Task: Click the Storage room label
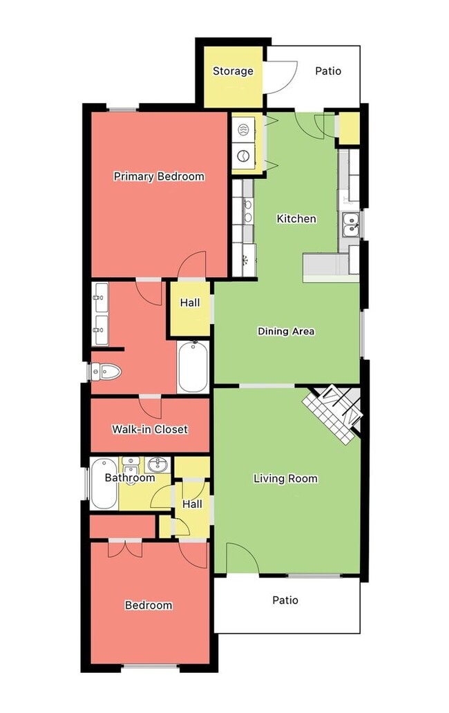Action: click(233, 71)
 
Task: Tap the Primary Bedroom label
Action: click(159, 176)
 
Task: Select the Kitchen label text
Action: click(296, 219)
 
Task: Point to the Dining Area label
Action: click(286, 332)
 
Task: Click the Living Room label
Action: click(285, 478)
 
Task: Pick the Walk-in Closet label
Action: click(150, 429)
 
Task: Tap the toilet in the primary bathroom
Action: click(106, 372)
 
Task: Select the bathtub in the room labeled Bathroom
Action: click(104, 484)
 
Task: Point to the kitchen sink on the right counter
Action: click(350, 225)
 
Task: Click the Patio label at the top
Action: click(328, 71)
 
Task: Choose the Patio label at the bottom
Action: click(285, 600)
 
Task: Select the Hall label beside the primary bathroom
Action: click(190, 303)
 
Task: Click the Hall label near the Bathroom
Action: click(192, 504)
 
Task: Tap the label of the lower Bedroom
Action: click(149, 605)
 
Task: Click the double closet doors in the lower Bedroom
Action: click(126, 549)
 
